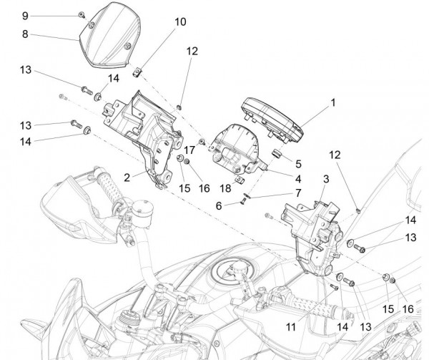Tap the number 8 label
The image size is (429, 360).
click(25, 33)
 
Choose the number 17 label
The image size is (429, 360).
click(189, 150)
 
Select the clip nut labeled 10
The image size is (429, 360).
click(139, 69)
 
